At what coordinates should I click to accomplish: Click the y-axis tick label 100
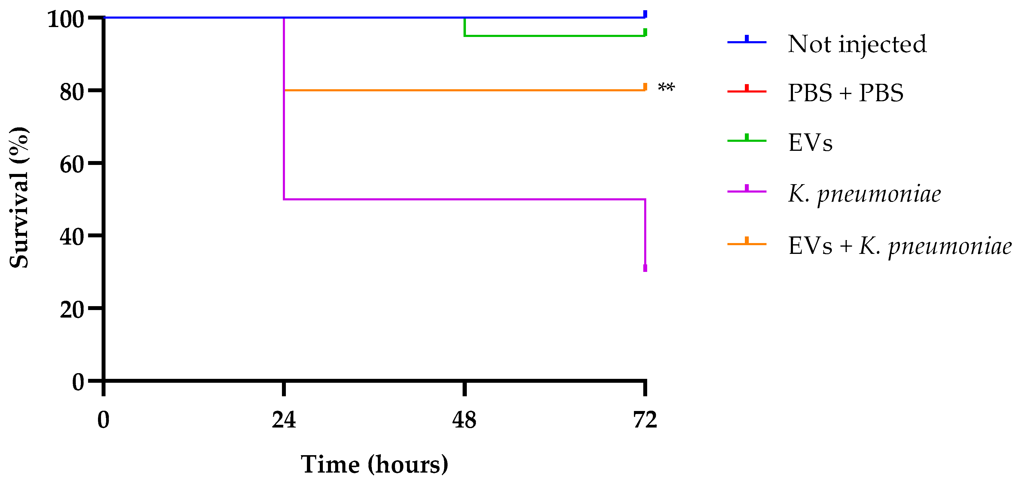pyautogui.click(x=66, y=19)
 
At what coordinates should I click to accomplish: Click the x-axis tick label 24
pyautogui.click(x=284, y=420)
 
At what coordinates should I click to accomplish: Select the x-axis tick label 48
pyautogui.click(x=464, y=420)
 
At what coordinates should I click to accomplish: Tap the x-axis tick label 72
pyautogui.click(x=645, y=420)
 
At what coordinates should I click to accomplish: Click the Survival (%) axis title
pyautogui.click(x=19, y=198)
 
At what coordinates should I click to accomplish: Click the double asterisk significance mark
pyautogui.click(x=666, y=87)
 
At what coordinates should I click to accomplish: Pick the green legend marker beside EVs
pyautogui.click(x=746, y=140)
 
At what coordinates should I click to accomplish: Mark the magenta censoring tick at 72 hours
pyautogui.click(x=645, y=268)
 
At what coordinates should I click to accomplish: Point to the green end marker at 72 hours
pyautogui.click(x=645, y=32)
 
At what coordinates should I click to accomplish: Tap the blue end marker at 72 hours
pyautogui.click(x=645, y=14)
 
